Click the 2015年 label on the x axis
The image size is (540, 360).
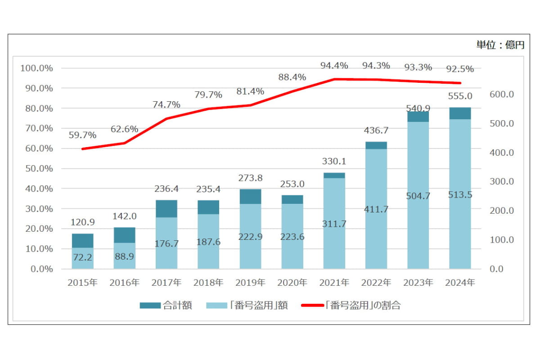(82, 283)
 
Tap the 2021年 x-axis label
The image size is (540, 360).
(334, 283)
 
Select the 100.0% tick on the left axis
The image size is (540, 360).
(37, 68)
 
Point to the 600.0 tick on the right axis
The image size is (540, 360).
(501, 94)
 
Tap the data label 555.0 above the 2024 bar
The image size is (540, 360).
(460, 96)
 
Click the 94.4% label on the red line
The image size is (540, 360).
(334, 66)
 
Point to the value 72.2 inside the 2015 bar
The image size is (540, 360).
(82, 258)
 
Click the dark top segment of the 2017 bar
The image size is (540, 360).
(166, 209)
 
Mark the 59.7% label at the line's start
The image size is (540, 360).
(82, 135)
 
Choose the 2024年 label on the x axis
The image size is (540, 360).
(460, 283)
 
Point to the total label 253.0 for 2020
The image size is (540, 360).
(292, 184)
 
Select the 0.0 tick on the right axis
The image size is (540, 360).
(497, 269)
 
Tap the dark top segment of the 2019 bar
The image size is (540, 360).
(250, 196)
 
